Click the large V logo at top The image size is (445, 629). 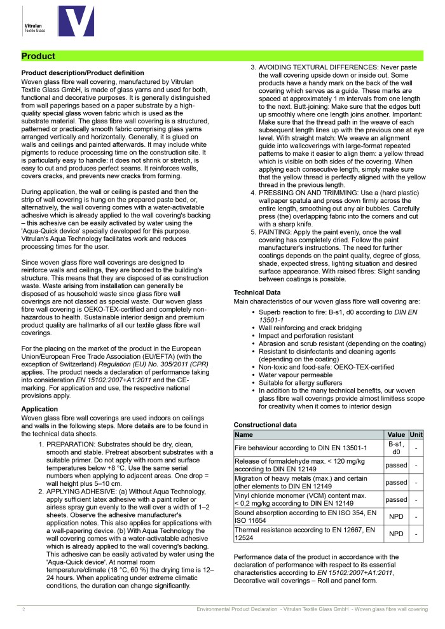pos(75,22)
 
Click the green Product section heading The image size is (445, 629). pos(38,56)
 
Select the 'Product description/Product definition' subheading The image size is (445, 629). pos(83,73)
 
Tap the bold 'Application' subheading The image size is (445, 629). pos(39,409)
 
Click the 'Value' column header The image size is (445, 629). pos(396,434)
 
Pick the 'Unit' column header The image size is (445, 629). pos(416,434)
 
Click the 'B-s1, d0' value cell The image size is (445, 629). pos(396,447)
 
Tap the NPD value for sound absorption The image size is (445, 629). pos(396,516)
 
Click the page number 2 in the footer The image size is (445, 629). pos(24,609)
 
